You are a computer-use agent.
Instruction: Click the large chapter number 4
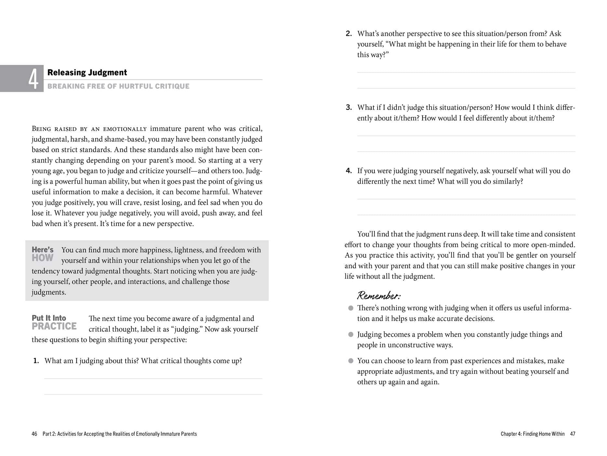click(x=34, y=79)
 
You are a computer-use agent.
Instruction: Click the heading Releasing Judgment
click(x=87, y=72)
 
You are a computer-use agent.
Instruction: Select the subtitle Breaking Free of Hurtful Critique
click(x=118, y=86)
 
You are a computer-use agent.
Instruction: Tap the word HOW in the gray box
click(x=43, y=258)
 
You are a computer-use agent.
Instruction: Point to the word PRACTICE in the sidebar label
click(x=54, y=326)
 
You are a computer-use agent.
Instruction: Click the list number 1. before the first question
click(x=36, y=361)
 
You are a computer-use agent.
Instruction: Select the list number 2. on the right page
click(x=349, y=34)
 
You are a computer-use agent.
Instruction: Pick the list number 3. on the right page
click(x=349, y=107)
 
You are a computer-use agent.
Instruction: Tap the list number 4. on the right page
click(x=349, y=171)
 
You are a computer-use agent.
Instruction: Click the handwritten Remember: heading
click(x=379, y=295)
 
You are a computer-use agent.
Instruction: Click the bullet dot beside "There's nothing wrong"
click(x=351, y=308)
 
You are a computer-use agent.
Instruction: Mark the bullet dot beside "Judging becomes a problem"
click(x=351, y=335)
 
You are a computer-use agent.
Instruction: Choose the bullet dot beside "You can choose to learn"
click(x=351, y=361)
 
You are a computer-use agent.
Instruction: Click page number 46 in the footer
click(x=34, y=434)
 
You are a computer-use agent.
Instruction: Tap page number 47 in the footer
click(x=573, y=434)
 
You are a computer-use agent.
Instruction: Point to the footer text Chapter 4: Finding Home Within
click(x=533, y=434)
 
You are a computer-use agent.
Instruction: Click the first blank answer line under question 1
click(x=153, y=378)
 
